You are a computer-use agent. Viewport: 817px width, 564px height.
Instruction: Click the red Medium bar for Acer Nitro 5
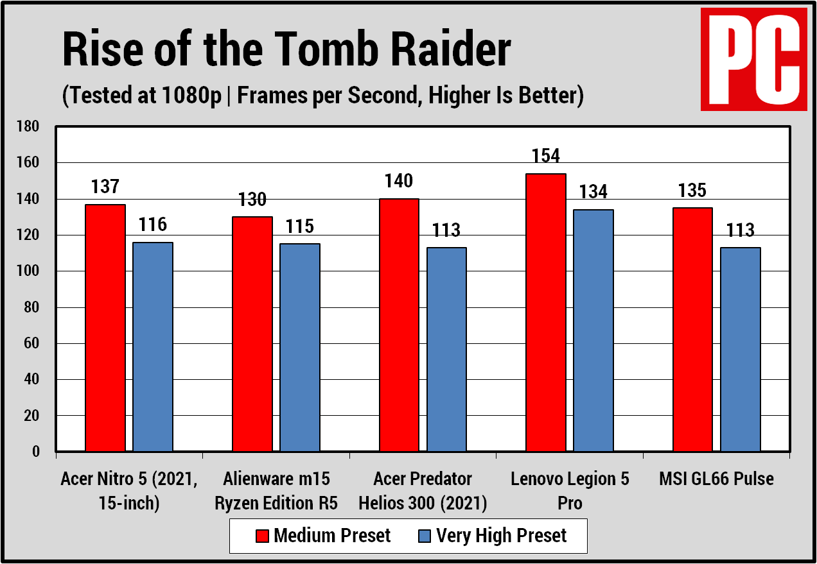click(x=105, y=328)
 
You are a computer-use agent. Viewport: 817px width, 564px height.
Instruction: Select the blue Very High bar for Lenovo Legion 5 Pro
click(x=593, y=330)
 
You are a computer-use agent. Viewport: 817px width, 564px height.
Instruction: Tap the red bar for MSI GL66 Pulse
click(x=692, y=329)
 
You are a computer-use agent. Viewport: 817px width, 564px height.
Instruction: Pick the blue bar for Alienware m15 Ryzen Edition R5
click(x=300, y=347)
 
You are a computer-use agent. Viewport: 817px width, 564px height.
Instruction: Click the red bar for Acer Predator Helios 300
click(x=399, y=325)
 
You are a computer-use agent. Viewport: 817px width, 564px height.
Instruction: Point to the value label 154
click(x=545, y=156)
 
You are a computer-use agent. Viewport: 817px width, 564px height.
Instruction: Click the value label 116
click(x=153, y=225)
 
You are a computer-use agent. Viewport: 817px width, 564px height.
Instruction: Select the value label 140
click(x=399, y=181)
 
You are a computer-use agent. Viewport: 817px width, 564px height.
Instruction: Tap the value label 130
click(x=252, y=200)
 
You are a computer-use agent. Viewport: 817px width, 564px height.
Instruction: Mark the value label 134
click(x=593, y=192)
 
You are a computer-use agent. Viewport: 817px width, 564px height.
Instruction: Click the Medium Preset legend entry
click(x=323, y=536)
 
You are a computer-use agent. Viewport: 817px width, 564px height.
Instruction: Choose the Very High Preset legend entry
click(x=492, y=536)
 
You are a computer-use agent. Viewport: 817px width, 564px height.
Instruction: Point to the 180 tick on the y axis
click(x=29, y=127)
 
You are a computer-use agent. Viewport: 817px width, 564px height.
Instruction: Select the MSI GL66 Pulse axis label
click(x=716, y=479)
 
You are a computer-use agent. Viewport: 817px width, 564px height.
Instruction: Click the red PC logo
click(x=753, y=60)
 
